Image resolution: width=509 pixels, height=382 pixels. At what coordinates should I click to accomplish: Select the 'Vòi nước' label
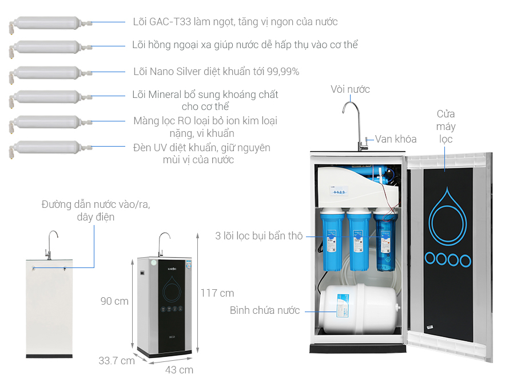(x=350, y=89)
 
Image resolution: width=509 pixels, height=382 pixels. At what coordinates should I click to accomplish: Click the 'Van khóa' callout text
(x=396, y=139)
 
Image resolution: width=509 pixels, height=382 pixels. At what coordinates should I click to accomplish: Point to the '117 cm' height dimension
(x=217, y=293)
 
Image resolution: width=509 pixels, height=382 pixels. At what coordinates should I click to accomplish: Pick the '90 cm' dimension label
(x=114, y=301)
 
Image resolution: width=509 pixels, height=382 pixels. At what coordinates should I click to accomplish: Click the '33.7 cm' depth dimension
(x=117, y=361)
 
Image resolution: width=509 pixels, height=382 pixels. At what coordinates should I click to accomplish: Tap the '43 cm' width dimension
(x=179, y=369)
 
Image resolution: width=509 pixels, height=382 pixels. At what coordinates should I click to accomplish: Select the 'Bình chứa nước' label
(x=265, y=310)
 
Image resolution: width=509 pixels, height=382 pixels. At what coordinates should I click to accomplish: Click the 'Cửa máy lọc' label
(x=446, y=126)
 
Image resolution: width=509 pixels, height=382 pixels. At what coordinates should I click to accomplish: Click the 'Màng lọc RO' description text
(x=205, y=127)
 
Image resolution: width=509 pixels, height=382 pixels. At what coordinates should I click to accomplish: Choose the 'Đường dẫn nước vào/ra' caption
(x=96, y=211)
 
